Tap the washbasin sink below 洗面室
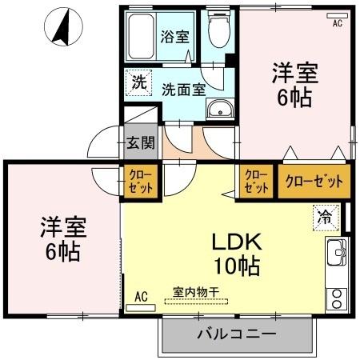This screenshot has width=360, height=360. (x=218, y=110)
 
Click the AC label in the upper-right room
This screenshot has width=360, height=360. (x=338, y=23)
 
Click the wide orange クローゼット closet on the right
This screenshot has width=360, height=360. (x=314, y=182)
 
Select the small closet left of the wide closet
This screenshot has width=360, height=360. (x=256, y=182)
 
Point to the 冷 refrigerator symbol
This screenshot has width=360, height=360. (x=326, y=215)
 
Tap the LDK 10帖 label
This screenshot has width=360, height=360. (x=237, y=252)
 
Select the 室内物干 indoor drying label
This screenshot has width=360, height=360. (x=194, y=292)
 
